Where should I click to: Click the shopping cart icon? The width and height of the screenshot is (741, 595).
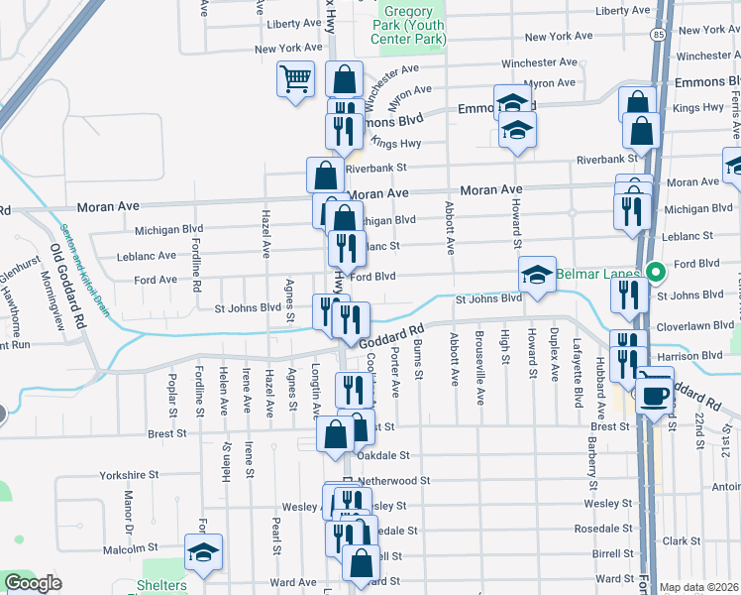pyautogui.click(x=295, y=79)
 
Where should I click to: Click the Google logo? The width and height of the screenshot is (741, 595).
pyautogui.click(x=33, y=583)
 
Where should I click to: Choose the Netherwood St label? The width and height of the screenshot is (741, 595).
pyautogui.click(x=394, y=480)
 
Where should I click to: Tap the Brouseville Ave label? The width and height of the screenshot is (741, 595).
pyautogui.click(x=480, y=382)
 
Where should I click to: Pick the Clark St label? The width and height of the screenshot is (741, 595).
pyautogui.click(x=682, y=541)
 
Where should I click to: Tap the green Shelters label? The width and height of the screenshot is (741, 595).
pyautogui.click(x=162, y=585)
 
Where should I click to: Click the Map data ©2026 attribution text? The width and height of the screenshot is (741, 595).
pyautogui.click(x=698, y=587)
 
